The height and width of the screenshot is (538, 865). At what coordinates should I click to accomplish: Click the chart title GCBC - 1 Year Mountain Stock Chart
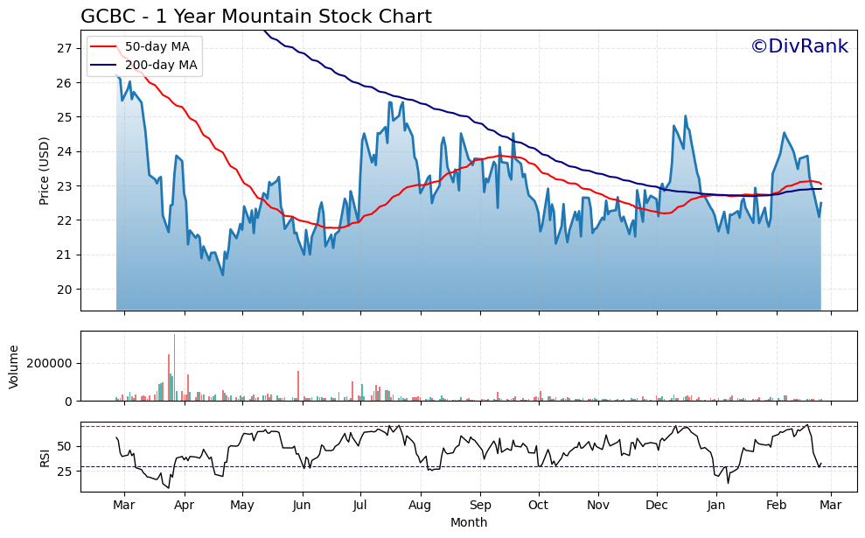click(x=255, y=17)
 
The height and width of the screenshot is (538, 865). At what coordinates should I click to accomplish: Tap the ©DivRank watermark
click(x=799, y=46)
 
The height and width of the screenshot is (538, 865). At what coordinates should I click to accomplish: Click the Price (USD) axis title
click(x=44, y=171)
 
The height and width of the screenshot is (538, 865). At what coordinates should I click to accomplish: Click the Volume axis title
click(x=13, y=366)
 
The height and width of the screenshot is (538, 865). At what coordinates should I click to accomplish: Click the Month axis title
click(x=469, y=522)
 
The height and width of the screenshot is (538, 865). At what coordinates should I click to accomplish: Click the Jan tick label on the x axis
click(x=716, y=506)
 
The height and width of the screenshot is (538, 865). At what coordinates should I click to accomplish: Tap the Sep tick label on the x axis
click(x=480, y=506)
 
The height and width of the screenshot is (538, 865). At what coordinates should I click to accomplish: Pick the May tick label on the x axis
click(x=242, y=506)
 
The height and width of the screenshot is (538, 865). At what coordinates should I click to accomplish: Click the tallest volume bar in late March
click(x=174, y=367)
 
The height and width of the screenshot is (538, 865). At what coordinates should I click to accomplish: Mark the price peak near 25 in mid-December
click(x=686, y=116)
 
